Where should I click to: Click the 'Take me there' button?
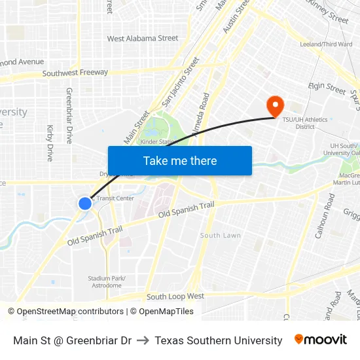[x=180, y=160]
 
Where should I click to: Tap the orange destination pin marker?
[x=274, y=105]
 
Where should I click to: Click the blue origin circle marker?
[x=85, y=204]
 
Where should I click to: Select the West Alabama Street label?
[x=143, y=39]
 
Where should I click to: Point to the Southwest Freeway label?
[x=75, y=73]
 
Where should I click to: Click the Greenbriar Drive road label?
[x=69, y=116]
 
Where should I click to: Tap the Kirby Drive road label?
[x=50, y=143]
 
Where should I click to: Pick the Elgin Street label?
[x=327, y=88]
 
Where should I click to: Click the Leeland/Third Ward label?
[x=325, y=45]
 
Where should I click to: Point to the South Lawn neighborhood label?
[x=221, y=235]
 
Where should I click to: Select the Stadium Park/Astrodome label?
[x=106, y=282]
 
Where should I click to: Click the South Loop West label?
[x=175, y=297]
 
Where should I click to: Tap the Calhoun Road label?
[x=325, y=225]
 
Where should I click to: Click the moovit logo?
[x=321, y=340]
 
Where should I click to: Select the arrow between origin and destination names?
[x=143, y=340]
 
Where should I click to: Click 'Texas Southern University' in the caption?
[x=219, y=340]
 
